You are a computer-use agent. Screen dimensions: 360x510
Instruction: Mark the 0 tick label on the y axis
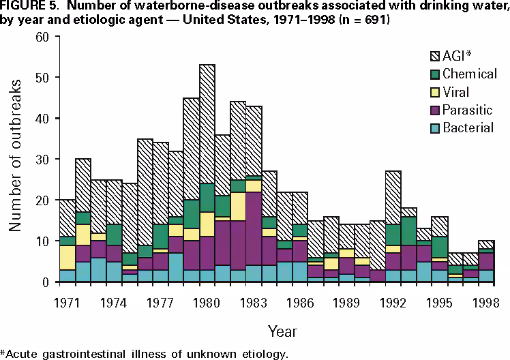pyautogui.click(x=44, y=282)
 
